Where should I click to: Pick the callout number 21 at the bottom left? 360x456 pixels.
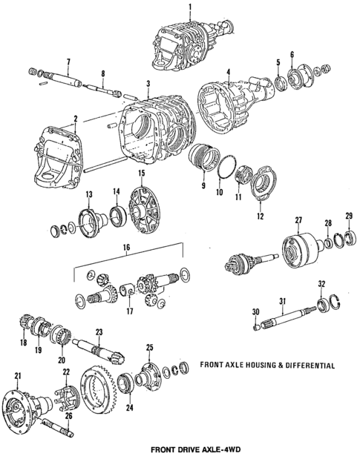17,374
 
